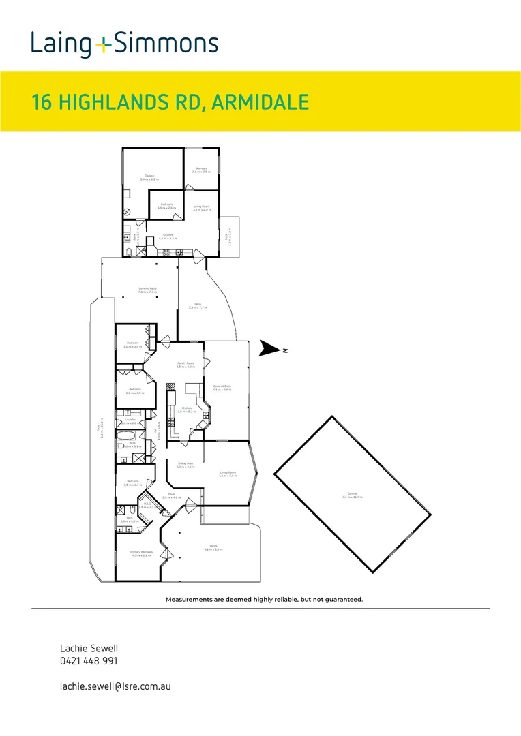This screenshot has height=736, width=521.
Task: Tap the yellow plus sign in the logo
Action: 102,46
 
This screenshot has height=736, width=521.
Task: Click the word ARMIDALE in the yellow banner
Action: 260,103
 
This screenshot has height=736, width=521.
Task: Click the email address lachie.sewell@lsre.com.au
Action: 115,686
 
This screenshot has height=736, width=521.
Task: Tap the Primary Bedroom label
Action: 141,552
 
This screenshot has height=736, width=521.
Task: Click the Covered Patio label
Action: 139,289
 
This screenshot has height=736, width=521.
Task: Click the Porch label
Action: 213,546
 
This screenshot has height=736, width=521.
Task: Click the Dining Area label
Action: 185,465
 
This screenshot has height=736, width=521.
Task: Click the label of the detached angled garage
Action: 352,495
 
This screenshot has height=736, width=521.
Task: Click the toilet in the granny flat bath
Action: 128,252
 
